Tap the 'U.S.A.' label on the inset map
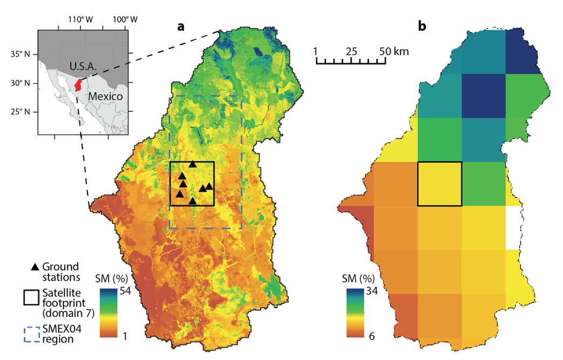(82, 66)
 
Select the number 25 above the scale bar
(351, 51)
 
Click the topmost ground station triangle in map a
(192, 164)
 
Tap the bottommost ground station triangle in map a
(192, 201)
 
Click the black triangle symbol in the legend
(35, 267)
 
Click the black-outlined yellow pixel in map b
(440, 184)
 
